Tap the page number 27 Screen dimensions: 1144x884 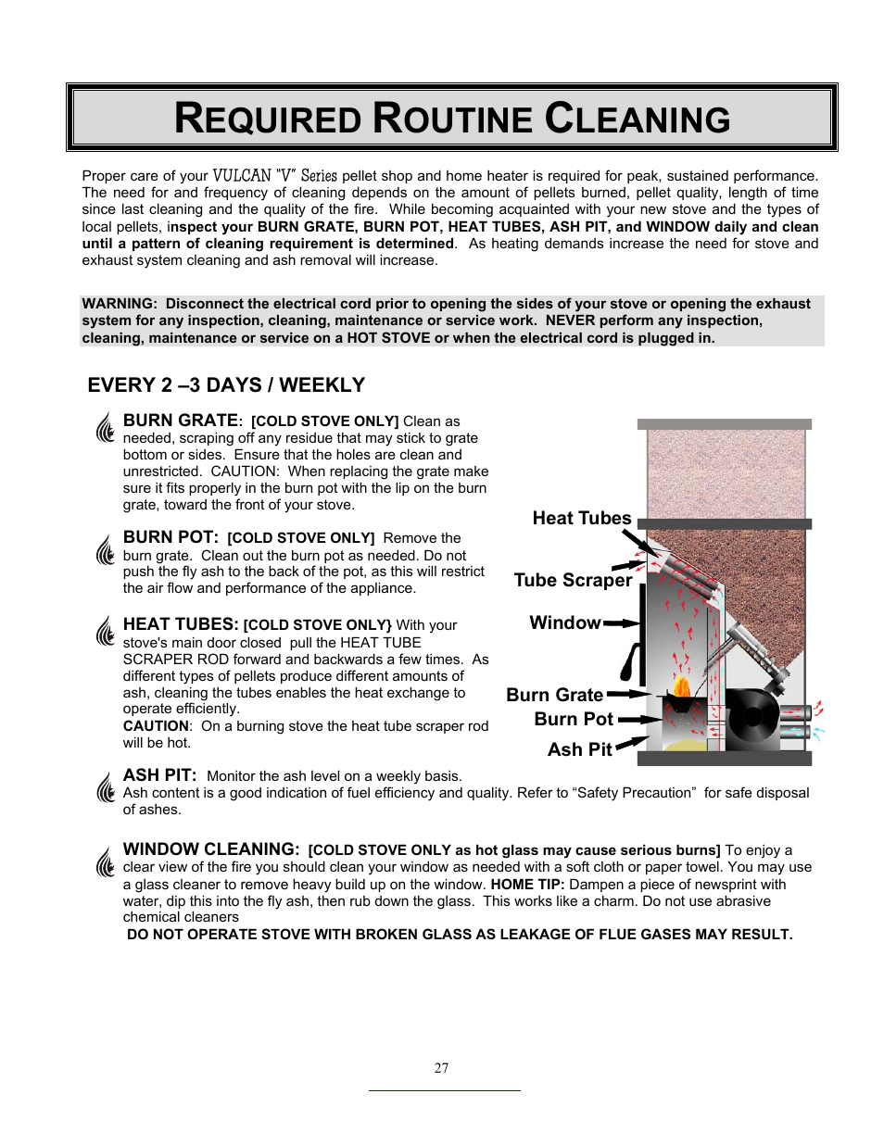[441, 1068]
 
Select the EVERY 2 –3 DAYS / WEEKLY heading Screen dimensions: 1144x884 [226, 385]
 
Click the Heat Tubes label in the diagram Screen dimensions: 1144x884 [581, 519]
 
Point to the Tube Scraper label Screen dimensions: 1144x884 [573, 581]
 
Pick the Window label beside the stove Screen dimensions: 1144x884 [564, 623]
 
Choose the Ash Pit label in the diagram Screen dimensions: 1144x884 [579, 749]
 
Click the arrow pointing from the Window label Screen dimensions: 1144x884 [621, 623]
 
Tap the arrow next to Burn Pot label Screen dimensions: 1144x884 [639, 719]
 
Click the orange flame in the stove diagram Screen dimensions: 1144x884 [681, 686]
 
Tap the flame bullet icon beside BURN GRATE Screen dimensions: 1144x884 [105, 427]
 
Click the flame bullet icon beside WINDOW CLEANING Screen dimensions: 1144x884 [105, 861]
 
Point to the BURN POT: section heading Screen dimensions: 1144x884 [170, 538]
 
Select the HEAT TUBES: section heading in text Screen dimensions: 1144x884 [181, 625]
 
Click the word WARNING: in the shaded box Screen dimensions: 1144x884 [119, 304]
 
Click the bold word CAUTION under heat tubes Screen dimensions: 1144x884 [156, 726]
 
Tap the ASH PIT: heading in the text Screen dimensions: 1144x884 [159, 776]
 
